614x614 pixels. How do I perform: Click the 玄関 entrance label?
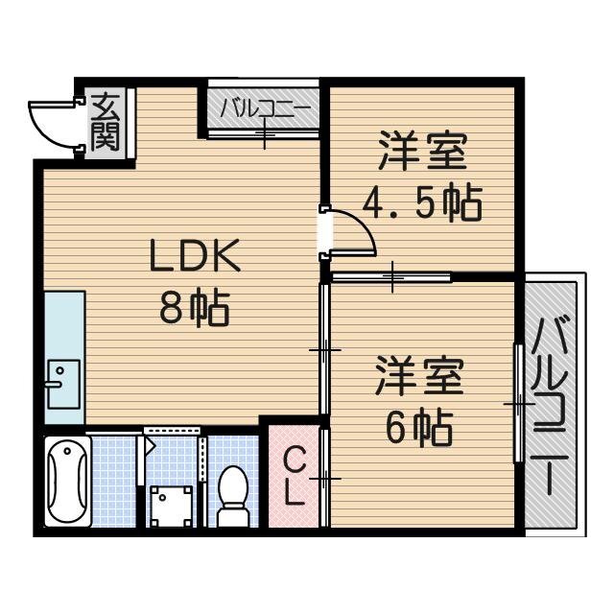(106, 120)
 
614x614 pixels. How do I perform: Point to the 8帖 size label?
(194, 309)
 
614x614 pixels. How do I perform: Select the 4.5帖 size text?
(422, 202)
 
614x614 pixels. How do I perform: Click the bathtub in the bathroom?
(67, 483)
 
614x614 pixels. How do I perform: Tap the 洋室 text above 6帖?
(419, 375)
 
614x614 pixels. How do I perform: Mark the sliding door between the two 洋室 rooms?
(392, 278)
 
